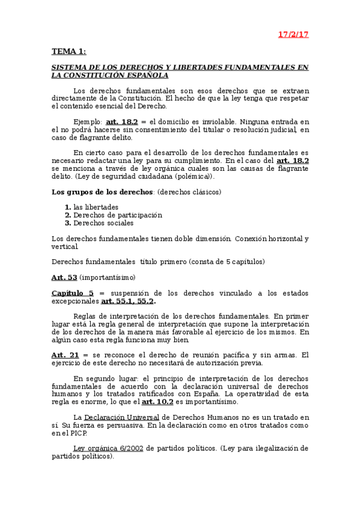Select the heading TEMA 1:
pyautogui.click(x=69, y=52)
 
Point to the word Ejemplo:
pyautogui.click(x=88, y=121)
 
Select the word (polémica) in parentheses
pyautogui.click(x=198, y=176)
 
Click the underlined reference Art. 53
pyautogui.click(x=64, y=277)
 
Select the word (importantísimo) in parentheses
pyautogui.click(x=107, y=277)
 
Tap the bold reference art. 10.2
pyautogui.click(x=159, y=401)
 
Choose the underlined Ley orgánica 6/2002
pyautogui.click(x=108, y=448)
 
